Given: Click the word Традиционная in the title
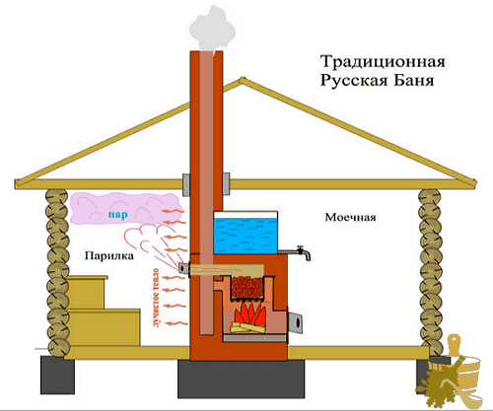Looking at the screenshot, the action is [383, 62].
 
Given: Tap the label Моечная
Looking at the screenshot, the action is [350, 217].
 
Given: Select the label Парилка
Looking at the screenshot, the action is [109, 255].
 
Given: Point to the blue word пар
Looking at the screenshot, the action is [117, 215].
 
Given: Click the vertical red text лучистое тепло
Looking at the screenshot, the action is [156, 299].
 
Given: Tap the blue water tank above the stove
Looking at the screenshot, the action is [246, 235].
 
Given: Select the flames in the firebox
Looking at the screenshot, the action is [251, 313].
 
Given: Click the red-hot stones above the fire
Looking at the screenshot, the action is [247, 287].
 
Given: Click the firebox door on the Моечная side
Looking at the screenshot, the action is [296, 322].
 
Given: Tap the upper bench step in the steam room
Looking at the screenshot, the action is [87, 293].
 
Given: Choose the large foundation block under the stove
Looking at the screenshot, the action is [241, 378].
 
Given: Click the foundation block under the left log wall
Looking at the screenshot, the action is [57, 375].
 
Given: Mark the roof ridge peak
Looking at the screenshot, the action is [242, 79].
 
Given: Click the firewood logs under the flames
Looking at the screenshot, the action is [248, 327].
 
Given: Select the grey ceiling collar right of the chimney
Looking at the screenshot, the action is [226, 184].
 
